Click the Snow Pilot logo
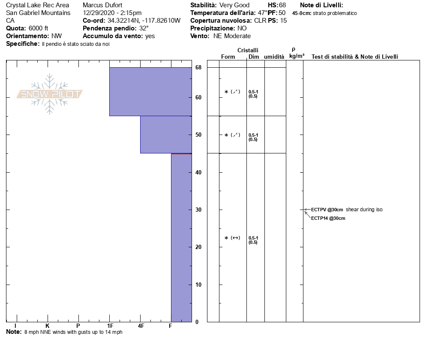point(50,94)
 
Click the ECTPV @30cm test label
point(327,210)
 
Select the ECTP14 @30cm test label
point(328,218)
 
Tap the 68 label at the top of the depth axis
point(198,67)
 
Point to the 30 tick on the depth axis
point(198,210)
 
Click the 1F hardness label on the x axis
point(110,326)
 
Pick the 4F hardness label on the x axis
point(141,326)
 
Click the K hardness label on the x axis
point(48,326)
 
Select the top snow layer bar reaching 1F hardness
point(150,91)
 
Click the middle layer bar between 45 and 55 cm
point(166,135)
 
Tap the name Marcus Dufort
point(102,5)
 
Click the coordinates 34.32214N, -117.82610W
point(144,21)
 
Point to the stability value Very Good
point(234,5)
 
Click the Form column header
point(228,57)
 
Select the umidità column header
point(274,57)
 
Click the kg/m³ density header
point(297,56)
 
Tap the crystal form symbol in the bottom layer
point(232,238)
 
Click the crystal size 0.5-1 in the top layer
point(253,91)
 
